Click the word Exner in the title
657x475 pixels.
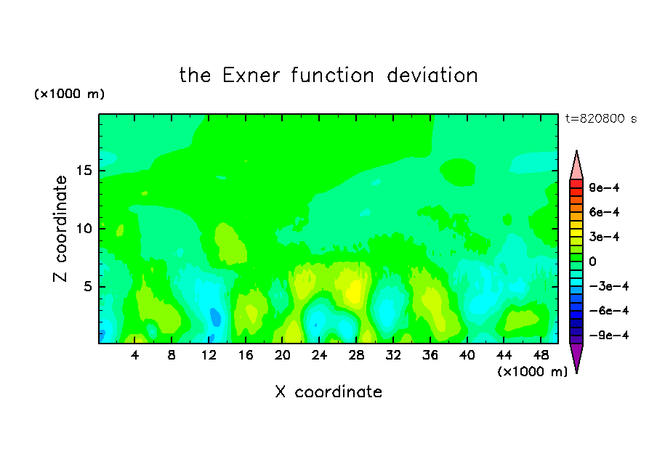click(x=251, y=76)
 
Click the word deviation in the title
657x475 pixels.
click(x=432, y=76)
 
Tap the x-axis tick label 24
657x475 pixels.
click(x=319, y=355)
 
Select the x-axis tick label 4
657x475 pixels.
click(x=134, y=355)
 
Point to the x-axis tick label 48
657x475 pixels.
click(x=541, y=355)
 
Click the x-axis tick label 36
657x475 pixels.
click(x=430, y=355)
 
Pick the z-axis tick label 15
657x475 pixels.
click(x=84, y=171)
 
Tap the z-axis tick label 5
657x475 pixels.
click(x=87, y=286)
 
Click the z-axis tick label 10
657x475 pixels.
click(x=84, y=229)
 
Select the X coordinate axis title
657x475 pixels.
click(x=328, y=391)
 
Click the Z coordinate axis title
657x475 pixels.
click(x=60, y=229)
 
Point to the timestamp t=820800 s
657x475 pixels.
click(x=601, y=118)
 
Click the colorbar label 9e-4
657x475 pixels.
click(x=604, y=187)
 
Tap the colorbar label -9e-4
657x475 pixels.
click(x=609, y=335)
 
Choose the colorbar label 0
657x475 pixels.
click(x=592, y=261)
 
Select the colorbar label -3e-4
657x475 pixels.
click(x=609, y=286)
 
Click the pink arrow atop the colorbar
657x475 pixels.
click(x=576, y=165)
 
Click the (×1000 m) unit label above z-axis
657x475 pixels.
click(x=70, y=94)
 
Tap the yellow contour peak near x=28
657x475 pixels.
click(x=355, y=291)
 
